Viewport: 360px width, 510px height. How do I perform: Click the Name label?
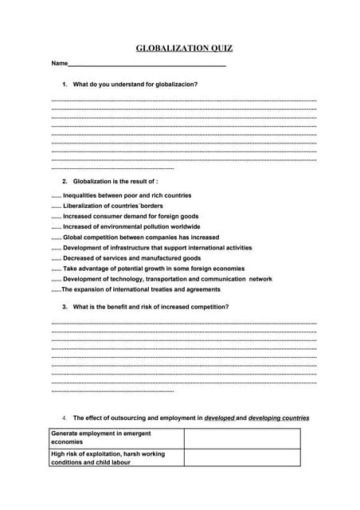(x=59, y=64)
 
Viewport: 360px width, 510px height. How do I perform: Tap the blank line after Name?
(x=147, y=64)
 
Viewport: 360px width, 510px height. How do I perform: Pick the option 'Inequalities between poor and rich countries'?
(x=127, y=195)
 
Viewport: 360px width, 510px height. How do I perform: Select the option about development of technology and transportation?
(x=167, y=279)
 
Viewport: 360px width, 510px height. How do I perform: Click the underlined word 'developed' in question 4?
(x=219, y=418)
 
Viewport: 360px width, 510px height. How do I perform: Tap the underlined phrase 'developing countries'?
(x=278, y=418)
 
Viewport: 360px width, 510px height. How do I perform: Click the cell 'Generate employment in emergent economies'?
(x=116, y=437)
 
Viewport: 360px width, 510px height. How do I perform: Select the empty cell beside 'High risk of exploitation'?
(x=242, y=457)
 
